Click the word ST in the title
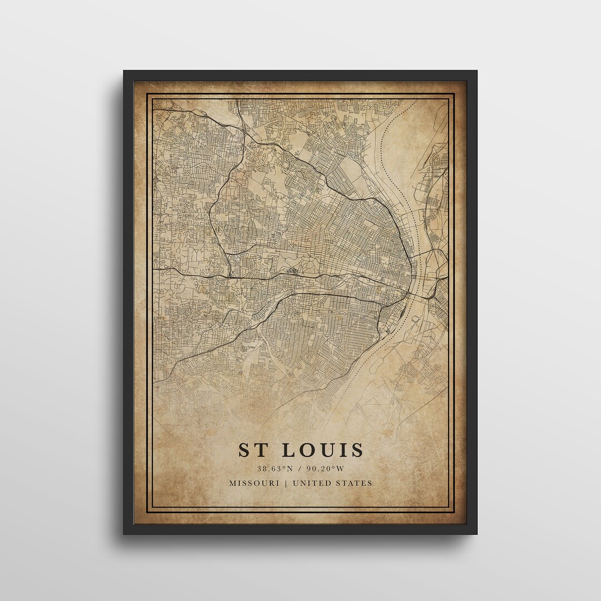tap(251, 450)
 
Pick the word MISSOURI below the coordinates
tap(253, 483)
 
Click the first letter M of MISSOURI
tap(231, 483)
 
